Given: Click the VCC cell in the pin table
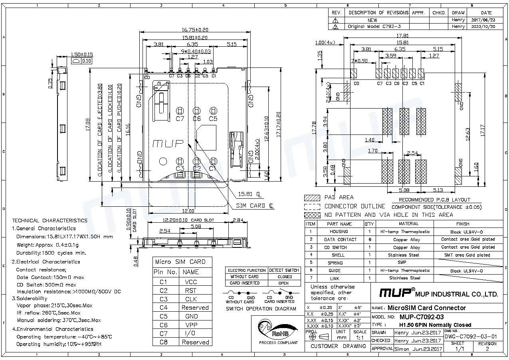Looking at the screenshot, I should coord(190,282).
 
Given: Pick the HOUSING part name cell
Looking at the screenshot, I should coord(339,231).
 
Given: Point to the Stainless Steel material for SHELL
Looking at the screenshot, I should coord(404,255).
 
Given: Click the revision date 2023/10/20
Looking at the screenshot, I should coord(483,26).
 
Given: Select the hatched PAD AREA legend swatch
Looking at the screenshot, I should coord(312,198).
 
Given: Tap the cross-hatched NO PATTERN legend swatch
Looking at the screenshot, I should coord(312,215).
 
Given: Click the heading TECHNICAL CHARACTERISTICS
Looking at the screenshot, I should coord(50,220).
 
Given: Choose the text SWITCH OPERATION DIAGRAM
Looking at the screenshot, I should coord(261,309).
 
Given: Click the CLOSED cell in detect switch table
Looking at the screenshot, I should coord(284,277).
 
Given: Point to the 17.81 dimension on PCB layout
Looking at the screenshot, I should coord(402,36).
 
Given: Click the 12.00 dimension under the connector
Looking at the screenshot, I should coord(188,211).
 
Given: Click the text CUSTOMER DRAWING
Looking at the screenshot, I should coord(338,346).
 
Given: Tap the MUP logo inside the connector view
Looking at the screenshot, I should coord(168,143).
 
